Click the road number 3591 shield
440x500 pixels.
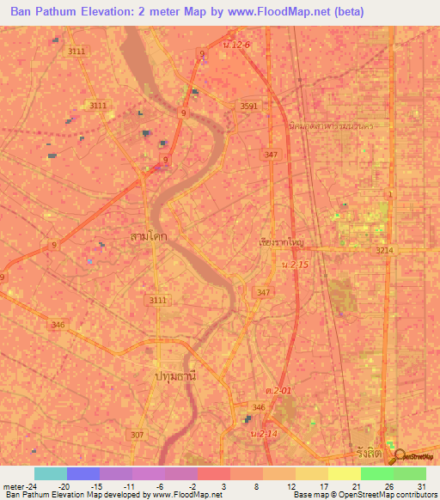(x=250, y=106)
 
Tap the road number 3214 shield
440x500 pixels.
(x=384, y=250)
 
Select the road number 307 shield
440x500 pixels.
(x=137, y=435)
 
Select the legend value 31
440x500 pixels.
(x=421, y=485)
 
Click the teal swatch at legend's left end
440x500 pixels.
(x=50, y=473)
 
